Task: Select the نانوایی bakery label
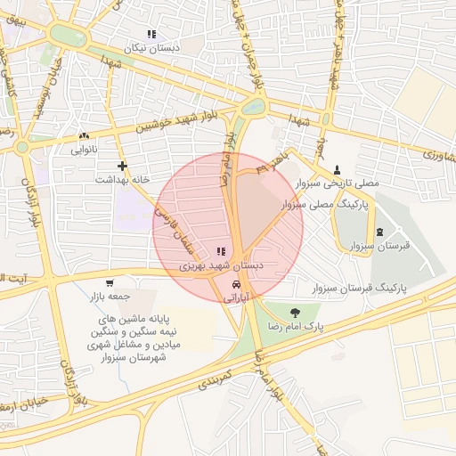pyautogui.click(x=85, y=150)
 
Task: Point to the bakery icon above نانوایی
pyautogui.click(x=85, y=136)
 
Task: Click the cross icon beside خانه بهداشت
pyautogui.click(x=122, y=166)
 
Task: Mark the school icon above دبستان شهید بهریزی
pyautogui.click(x=220, y=252)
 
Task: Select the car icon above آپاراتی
pyautogui.click(x=235, y=284)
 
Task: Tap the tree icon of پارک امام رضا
pyautogui.click(x=294, y=311)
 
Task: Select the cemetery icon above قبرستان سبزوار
pyautogui.click(x=380, y=232)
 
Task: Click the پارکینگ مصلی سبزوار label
pyautogui.click(x=330, y=205)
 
